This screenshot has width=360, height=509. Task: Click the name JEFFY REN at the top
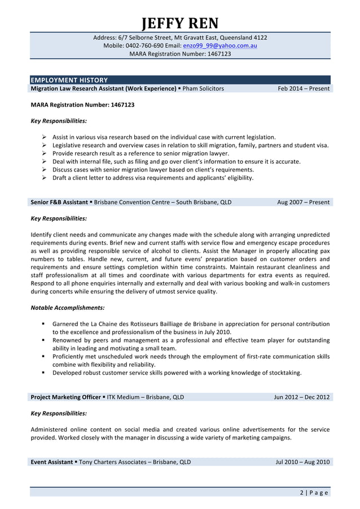(x=179, y=24)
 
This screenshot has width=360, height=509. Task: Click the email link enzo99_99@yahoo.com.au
(x=220, y=46)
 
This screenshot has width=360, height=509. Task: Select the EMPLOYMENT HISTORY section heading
(x=69, y=80)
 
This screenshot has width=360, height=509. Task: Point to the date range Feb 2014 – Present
(x=304, y=89)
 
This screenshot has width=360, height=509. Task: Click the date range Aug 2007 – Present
(x=303, y=202)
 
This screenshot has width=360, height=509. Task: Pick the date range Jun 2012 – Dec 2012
(x=301, y=397)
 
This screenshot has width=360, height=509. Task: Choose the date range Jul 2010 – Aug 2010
(x=302, y=462)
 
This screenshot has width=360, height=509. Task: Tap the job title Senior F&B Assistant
(x=59, y=202)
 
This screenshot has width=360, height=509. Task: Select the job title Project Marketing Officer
(x=65, y=397)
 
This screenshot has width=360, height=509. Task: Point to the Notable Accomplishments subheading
(x=67, y=308)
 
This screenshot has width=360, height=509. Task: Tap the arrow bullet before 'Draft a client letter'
(x=44, y=178)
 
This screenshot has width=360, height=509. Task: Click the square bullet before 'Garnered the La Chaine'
(x=43, y=324)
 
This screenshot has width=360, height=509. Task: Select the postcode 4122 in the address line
(x=260, y=38)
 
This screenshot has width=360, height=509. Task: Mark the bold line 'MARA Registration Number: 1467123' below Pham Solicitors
(x=82, y=105)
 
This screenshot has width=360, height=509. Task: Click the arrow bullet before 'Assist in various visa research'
(x=44, y=137)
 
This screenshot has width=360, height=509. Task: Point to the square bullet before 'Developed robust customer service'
(x=43, y=372)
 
